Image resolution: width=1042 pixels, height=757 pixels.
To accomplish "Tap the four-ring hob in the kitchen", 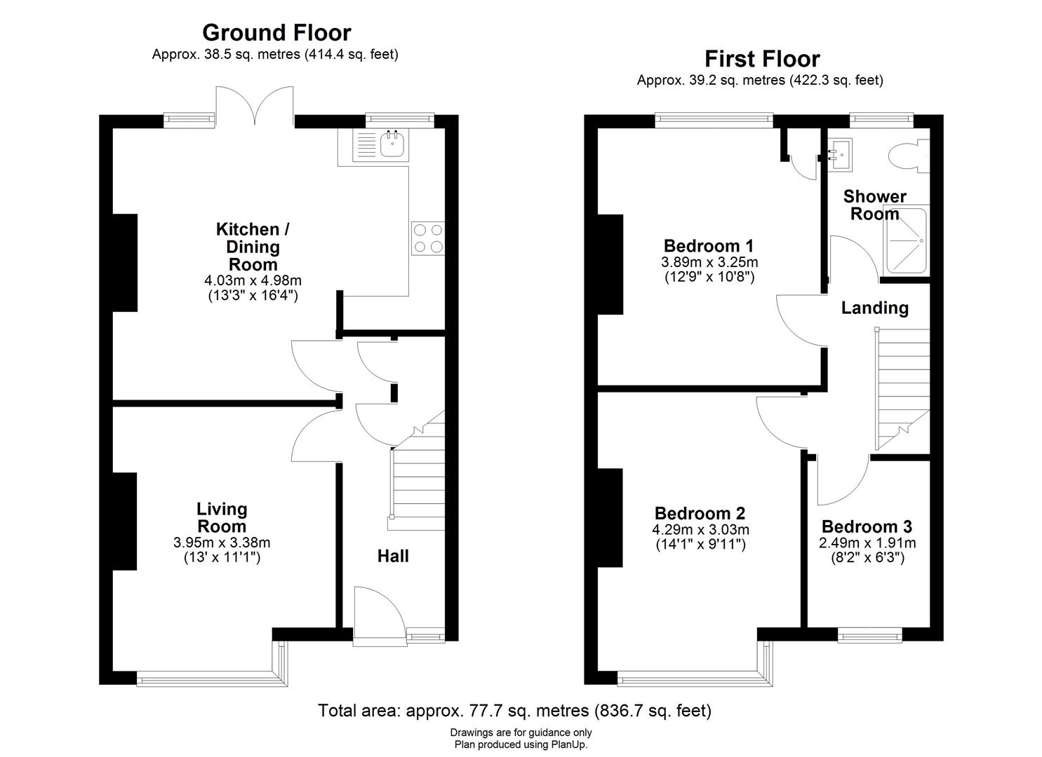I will pyautogui.click(x=428, y=238).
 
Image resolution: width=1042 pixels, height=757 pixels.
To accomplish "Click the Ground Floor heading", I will pyautogui.click(x=276, y=33).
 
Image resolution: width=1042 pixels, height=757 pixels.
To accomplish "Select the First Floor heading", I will pyautogui.click(x=761, y=58).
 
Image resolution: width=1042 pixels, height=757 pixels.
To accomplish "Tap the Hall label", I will pyautogui.click(x=393, y=557).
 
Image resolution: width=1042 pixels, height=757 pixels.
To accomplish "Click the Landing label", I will pyautogui.click(x=874, y=308).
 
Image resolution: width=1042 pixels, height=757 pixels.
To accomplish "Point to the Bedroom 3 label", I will pyautogui.click(x=867, y=527).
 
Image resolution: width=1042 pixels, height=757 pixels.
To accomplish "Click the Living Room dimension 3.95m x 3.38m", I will pyautogui.click(x=222, y=543).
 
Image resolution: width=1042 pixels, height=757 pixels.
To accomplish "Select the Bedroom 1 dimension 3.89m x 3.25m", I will pyautogui.click(x=709, y=262).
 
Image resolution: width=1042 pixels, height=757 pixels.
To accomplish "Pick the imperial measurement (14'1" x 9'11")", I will pyautogui.click(x=700, y=545).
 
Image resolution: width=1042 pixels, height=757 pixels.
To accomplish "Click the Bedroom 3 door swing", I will pyautogui.click(x=842, y=480).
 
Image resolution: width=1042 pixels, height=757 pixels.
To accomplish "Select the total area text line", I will pyautogui.click(x=514, y=711).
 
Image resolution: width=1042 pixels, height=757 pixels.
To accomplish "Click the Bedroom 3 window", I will pyautogui.click(x=870, y=636).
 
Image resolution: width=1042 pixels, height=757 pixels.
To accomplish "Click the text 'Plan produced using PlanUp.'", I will pyautogui.click(x=521, y=745).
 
